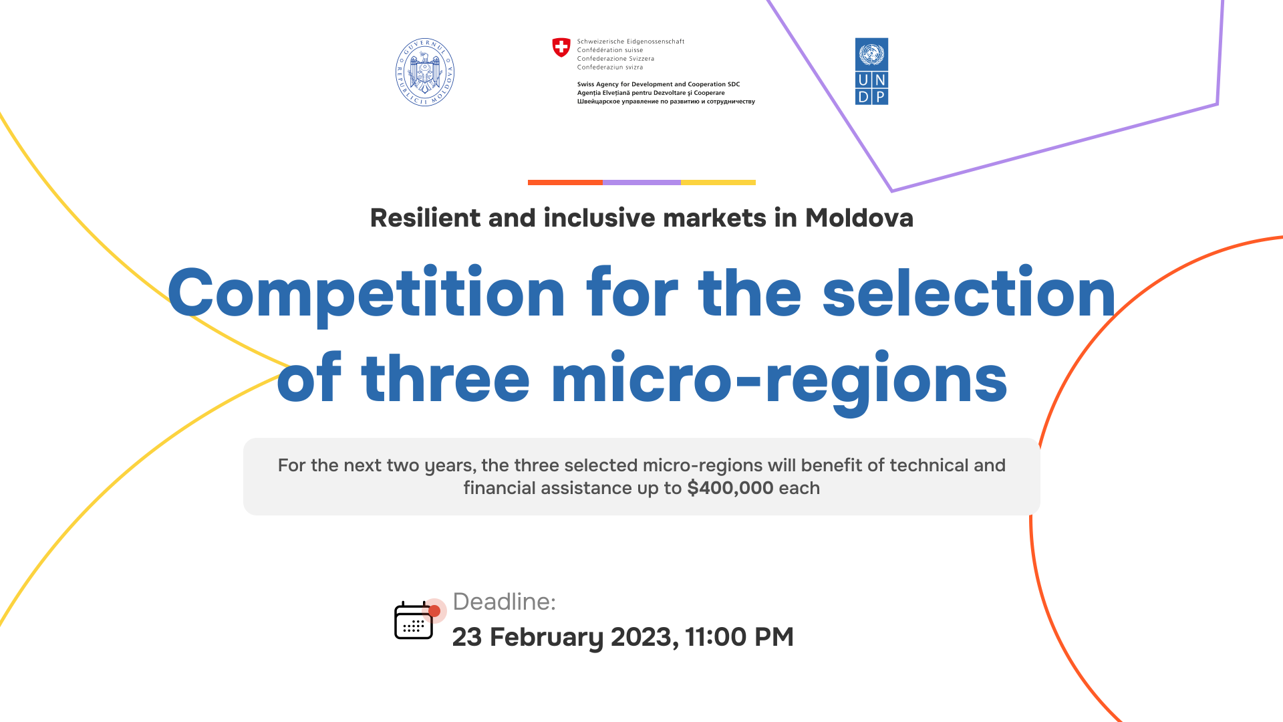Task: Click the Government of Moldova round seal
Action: pos(425,72)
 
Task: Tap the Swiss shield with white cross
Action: pos(561,47)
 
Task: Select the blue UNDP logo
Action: pos(871,72)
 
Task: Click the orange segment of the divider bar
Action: pos(565,183)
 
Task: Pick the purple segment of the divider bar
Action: pos(641,183)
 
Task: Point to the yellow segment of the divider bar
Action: pos(718,183)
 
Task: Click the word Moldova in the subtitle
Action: pos(859,218)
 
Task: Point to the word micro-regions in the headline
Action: pos(779,380)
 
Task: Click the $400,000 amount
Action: pos(730,488)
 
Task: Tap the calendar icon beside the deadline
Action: pos(414,620)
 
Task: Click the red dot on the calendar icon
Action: pos(434,611)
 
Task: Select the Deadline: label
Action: pos(505,602)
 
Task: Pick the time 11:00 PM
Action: pos(739,637)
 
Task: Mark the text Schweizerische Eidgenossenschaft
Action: pos(631,41)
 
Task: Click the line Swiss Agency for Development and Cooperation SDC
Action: pos(659,84)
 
